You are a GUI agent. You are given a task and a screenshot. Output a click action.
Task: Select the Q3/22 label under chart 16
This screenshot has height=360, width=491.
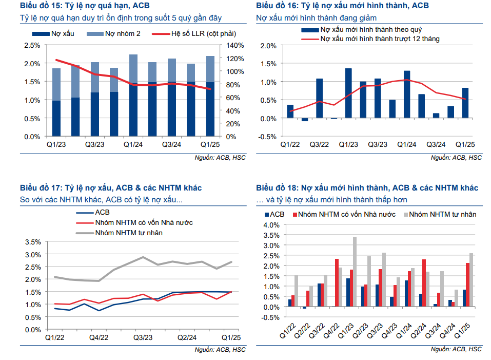pos(319,145)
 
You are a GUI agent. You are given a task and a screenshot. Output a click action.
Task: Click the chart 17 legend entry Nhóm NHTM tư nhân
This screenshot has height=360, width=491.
pos(131,233)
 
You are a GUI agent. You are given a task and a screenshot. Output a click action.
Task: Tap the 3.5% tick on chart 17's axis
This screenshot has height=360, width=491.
pos(32,242)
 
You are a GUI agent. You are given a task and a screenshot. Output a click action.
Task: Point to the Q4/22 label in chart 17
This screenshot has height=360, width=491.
pos(99,337)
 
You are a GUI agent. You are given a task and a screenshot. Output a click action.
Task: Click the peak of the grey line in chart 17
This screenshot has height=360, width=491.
pos(143,257)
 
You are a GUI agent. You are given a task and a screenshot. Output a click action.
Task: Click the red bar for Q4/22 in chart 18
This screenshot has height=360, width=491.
pos(337,283)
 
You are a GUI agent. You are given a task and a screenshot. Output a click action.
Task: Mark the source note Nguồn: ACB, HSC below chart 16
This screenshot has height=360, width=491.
pos(456,158)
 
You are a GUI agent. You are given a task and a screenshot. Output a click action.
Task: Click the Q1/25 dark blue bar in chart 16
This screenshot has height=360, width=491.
pos(465,103)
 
